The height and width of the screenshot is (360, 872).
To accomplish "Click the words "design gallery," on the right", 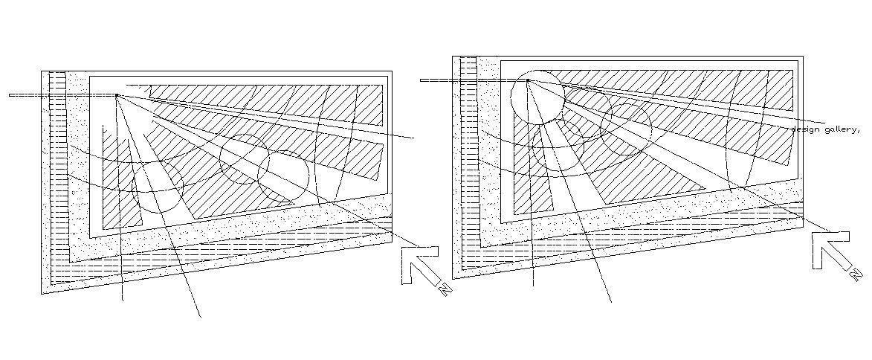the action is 824,129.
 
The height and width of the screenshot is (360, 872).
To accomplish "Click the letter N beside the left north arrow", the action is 445,289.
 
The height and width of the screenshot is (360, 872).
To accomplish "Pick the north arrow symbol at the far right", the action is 828,248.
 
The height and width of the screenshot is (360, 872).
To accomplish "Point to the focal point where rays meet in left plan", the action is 117,95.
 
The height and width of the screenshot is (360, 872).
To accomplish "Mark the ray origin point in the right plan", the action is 528,80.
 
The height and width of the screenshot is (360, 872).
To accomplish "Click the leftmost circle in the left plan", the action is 158,186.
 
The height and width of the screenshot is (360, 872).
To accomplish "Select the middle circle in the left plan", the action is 244,159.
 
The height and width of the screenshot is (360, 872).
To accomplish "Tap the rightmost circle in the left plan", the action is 283,176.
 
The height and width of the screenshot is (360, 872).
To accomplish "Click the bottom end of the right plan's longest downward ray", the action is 611,301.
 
